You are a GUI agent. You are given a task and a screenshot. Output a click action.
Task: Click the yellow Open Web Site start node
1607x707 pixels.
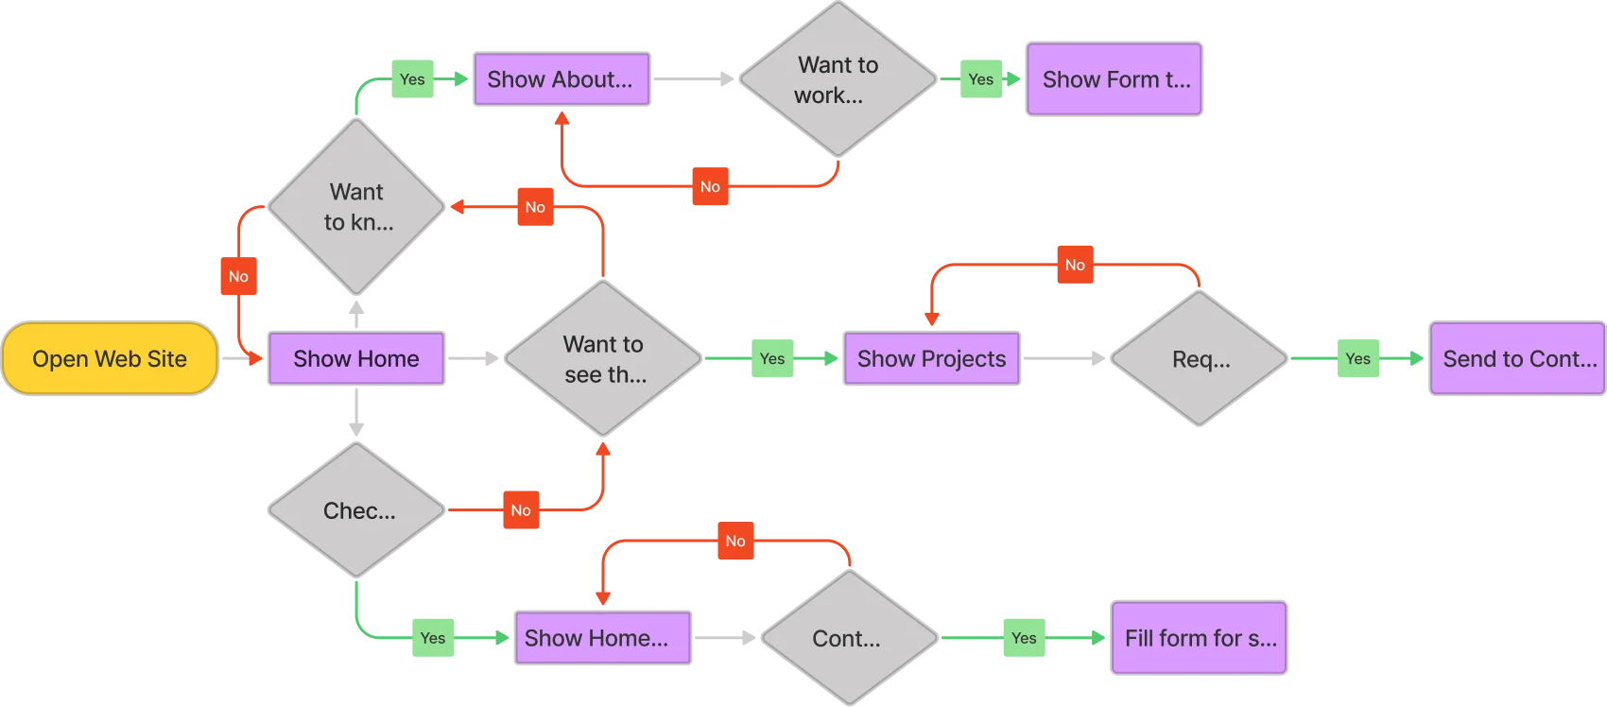tap(110, 359)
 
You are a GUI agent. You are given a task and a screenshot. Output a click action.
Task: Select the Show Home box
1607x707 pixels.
tap(355, 358)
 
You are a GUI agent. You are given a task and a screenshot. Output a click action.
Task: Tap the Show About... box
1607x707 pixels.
tap(561, 79)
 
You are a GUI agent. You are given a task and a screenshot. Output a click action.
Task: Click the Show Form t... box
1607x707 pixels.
tap(1114, 79)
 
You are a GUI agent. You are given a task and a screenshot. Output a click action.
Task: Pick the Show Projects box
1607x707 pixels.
tap(931, 358)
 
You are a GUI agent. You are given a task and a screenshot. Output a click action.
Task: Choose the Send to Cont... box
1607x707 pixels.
tap(1517, 358)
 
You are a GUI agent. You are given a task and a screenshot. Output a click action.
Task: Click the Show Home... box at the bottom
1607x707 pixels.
tap(603, 638)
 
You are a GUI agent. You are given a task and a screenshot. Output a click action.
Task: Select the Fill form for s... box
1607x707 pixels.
tap(1199, 638)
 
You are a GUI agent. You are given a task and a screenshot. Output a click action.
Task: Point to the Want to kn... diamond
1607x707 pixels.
tap(356, 207)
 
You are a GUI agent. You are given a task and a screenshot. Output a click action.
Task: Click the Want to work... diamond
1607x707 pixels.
tap(838, 79)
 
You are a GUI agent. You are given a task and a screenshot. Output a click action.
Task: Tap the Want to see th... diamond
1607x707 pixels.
tap(603, 358)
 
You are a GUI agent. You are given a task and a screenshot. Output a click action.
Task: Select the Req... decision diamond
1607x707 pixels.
tap(1200, 359)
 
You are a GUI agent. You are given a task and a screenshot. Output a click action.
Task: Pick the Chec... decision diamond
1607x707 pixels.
tap(356, 510)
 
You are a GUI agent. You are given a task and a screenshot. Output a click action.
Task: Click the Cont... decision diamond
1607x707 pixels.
tap(848, 638)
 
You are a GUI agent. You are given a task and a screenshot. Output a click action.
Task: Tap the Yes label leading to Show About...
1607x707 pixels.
tap(412, 79)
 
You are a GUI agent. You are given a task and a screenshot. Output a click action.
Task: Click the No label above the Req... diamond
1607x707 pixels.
tap(1075, 265)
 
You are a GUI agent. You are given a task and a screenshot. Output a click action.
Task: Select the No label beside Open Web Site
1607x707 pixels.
tap(238, 277)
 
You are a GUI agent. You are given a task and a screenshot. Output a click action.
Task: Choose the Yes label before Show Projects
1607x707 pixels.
tap(771, 358)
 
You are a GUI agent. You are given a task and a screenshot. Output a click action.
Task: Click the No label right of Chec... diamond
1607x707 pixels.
tap(521, 510)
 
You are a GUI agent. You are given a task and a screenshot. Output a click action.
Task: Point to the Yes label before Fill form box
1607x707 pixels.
tap(1024, 638)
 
